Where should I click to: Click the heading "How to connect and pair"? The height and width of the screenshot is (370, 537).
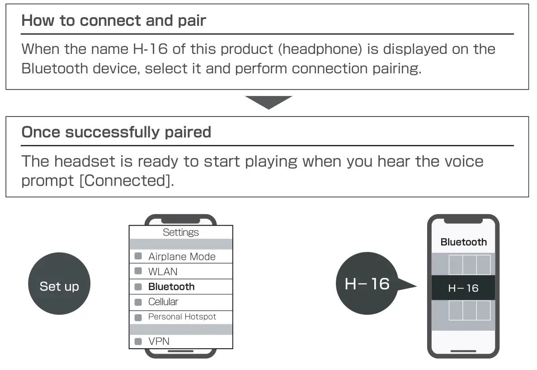click(x=113, y=21)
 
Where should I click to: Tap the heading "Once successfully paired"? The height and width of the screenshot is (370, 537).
click(x=116, y=132)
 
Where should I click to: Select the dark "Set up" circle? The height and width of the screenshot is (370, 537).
click(x=59, y=286)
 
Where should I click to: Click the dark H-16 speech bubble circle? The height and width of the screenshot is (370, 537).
click(x=367, y=284)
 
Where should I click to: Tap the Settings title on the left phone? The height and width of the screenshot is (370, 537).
click(x=181, y=232)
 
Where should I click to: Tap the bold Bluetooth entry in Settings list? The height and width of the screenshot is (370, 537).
click(x=171, y=287)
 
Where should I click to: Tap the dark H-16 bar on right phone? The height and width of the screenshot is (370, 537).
click(x=463, y=288)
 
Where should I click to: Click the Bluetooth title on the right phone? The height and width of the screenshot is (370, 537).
click(x=463, y=242)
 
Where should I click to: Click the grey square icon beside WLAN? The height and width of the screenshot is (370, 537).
click(x=138, y=272)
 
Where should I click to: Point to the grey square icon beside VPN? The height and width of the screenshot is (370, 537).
click(x=138, y=341)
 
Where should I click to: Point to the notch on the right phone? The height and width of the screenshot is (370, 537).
click(x=463, y=221)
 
